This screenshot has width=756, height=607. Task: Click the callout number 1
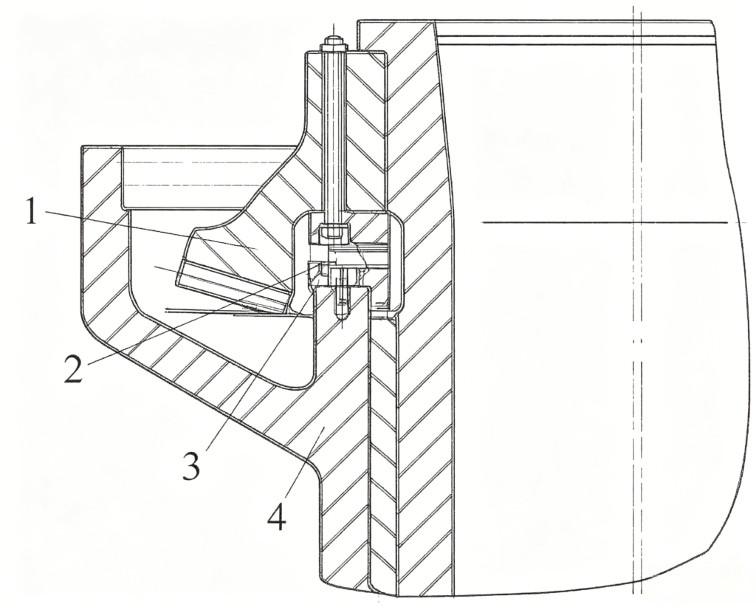pyautogui.click(x=32, y=211)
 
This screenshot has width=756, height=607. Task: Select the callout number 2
pyautogui.click(x=74, y=367)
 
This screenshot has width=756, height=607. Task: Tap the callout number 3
pyautogui.click(x=191, y=465)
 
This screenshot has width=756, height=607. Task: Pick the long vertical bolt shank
pyautogui.click(x=333, y=130)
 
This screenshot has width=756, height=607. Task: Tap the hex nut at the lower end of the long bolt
pyautogui.click(x=333, y=230)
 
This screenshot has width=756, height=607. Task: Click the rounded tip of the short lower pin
pyautogui.click(x=342, y=314)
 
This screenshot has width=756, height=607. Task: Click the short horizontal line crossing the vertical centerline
pyautogui.click(x=605, y=222)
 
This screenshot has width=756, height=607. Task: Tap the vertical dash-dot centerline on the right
pyautogui.click(x=636, y=309)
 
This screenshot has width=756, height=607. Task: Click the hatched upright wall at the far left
pyautogui.click(x=102, y=231)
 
